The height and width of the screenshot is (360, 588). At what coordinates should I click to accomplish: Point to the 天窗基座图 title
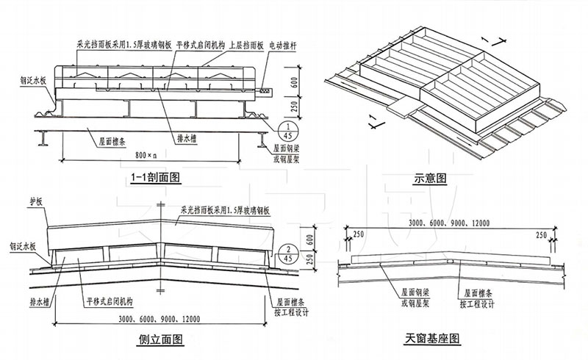coord(431,339)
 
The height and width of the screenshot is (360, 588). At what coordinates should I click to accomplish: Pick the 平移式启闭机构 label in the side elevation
coord(103,301)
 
